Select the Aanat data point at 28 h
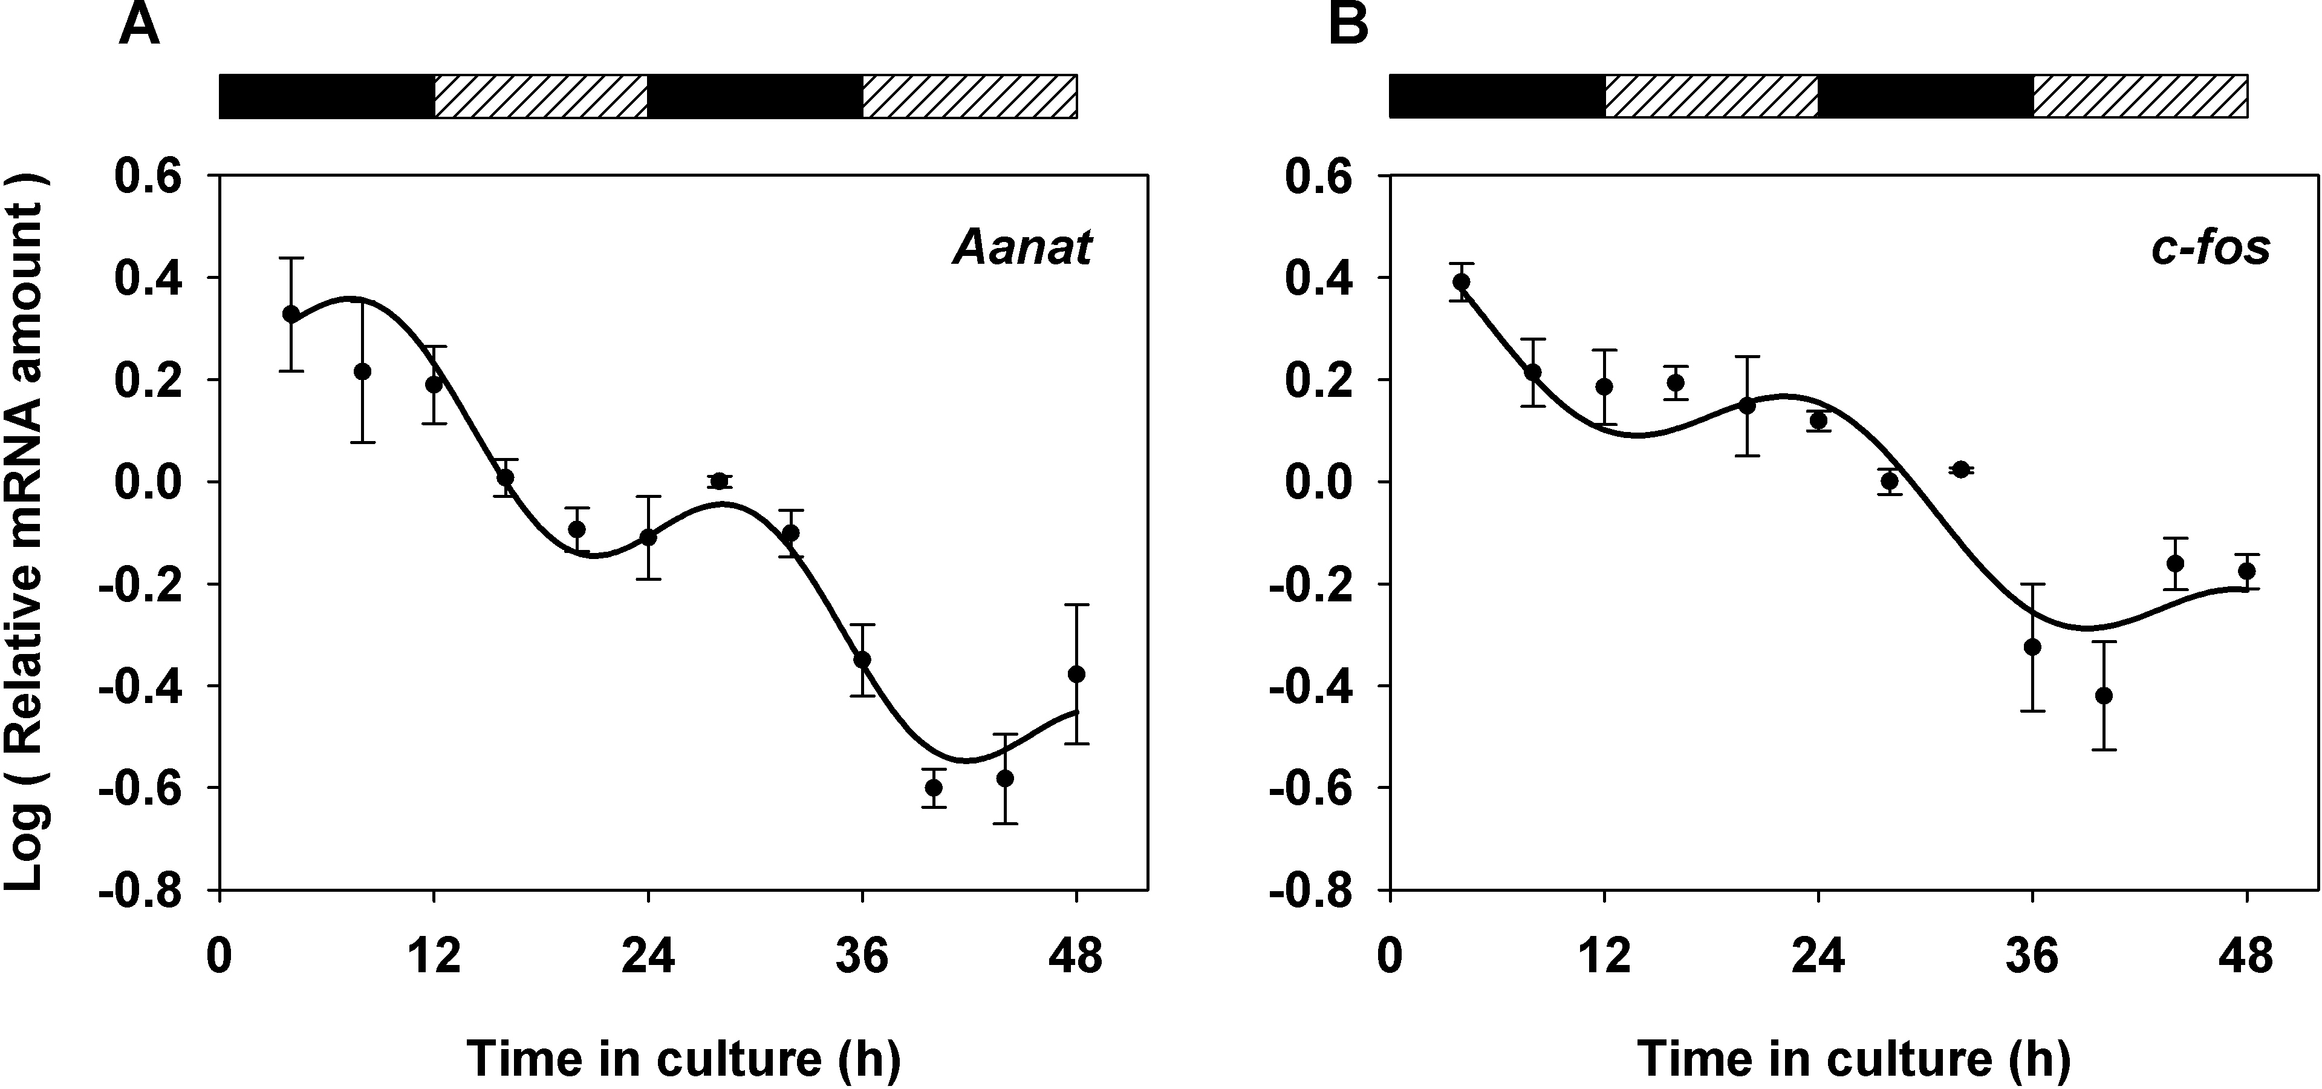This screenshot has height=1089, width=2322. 720,480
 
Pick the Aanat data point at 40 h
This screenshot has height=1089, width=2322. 934,787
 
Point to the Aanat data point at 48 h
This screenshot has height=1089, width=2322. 1076,675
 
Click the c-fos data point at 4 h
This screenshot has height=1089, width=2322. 1461,282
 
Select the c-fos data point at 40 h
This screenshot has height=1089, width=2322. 2104,695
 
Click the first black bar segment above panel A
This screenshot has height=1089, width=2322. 327,96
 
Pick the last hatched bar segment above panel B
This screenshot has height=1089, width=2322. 2140,96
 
